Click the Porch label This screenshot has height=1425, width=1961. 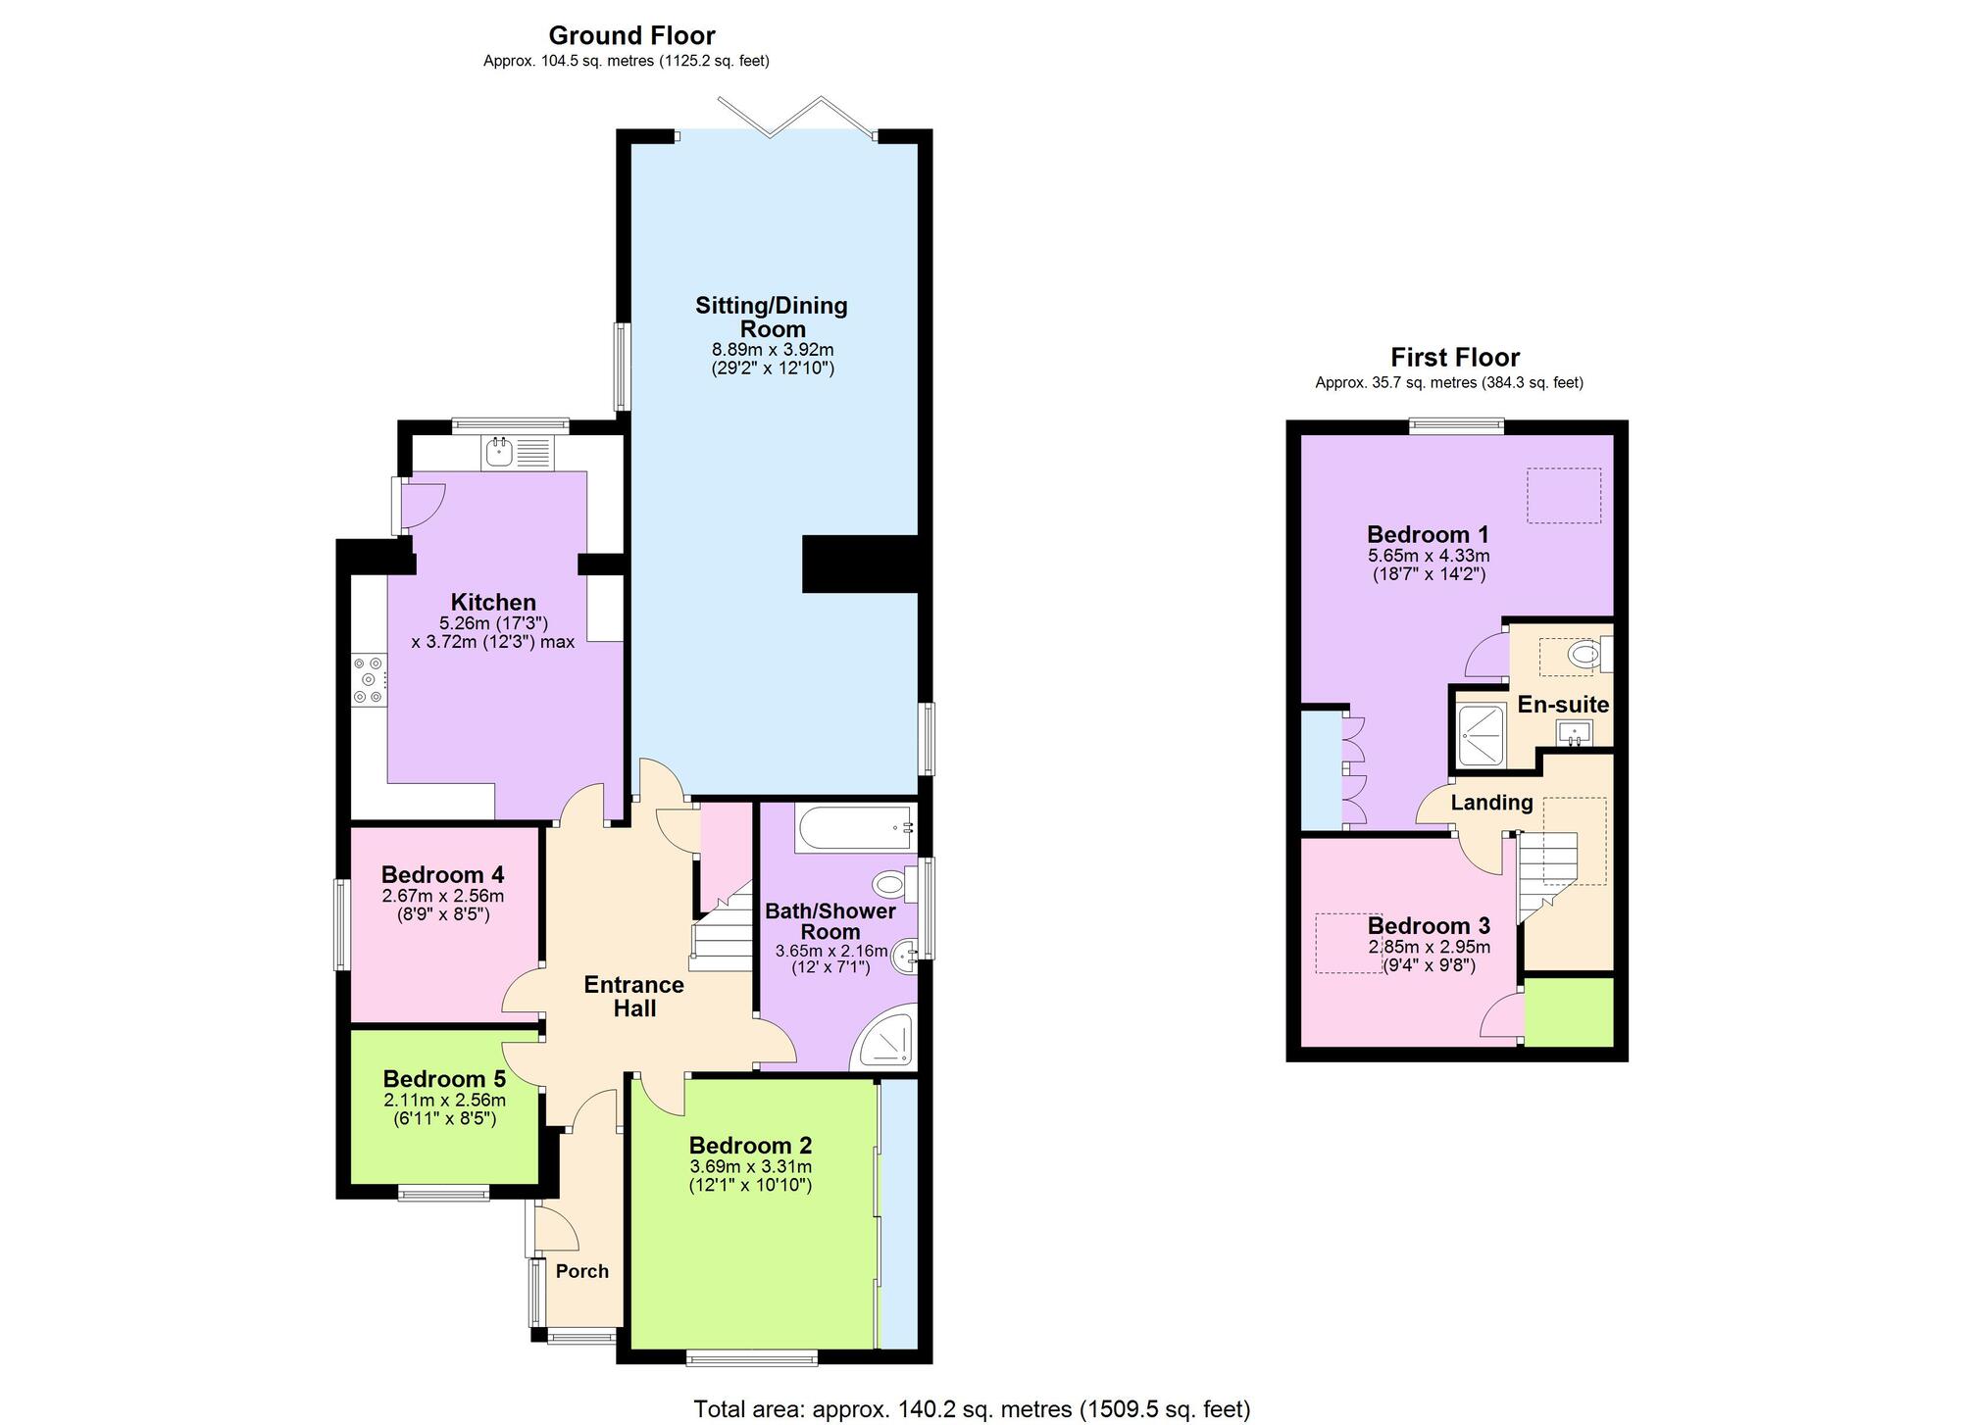point(582,1271)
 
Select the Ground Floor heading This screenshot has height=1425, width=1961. point(631,35)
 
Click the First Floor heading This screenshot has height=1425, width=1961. point(1455,358)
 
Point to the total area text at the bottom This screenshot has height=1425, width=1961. point(972,1409)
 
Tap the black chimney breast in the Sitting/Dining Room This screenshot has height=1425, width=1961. point(859,564)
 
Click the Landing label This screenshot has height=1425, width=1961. point(1491,803)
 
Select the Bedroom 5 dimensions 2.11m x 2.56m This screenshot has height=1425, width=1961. point(444,1101)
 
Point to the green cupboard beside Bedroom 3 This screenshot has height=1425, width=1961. point(1569,1011)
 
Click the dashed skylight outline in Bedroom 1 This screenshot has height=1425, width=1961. point(1564,495)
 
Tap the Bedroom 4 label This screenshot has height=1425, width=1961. point(442,874)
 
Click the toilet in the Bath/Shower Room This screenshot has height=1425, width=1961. point(892,885)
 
